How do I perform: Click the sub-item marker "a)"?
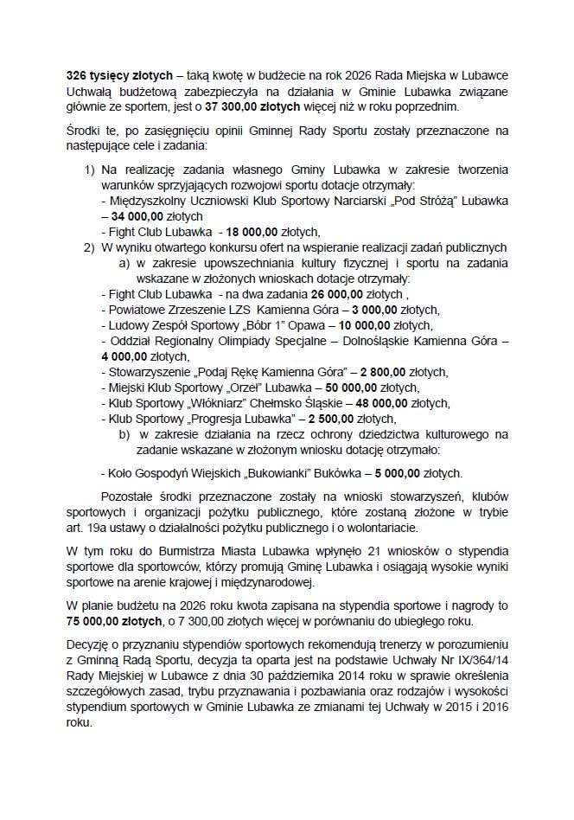[x=124, y=263]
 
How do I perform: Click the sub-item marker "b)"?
[x=124, y=434]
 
